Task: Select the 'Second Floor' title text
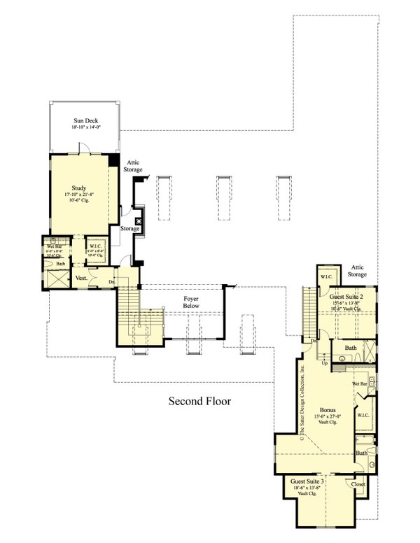(x=199, y=402)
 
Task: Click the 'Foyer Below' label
(x=191, y=302)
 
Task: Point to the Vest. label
(x=81, y=278)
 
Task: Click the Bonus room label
(x=327, y=410)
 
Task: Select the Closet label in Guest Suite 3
(x=358, y=484)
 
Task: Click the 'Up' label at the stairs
(x=324, y=364)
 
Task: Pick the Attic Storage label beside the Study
(x=134, y=166)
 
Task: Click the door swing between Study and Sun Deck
(x=83, y=148)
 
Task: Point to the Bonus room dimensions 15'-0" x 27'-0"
(x=327, y=418)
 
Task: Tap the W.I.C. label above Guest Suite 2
(x=326, y=277)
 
